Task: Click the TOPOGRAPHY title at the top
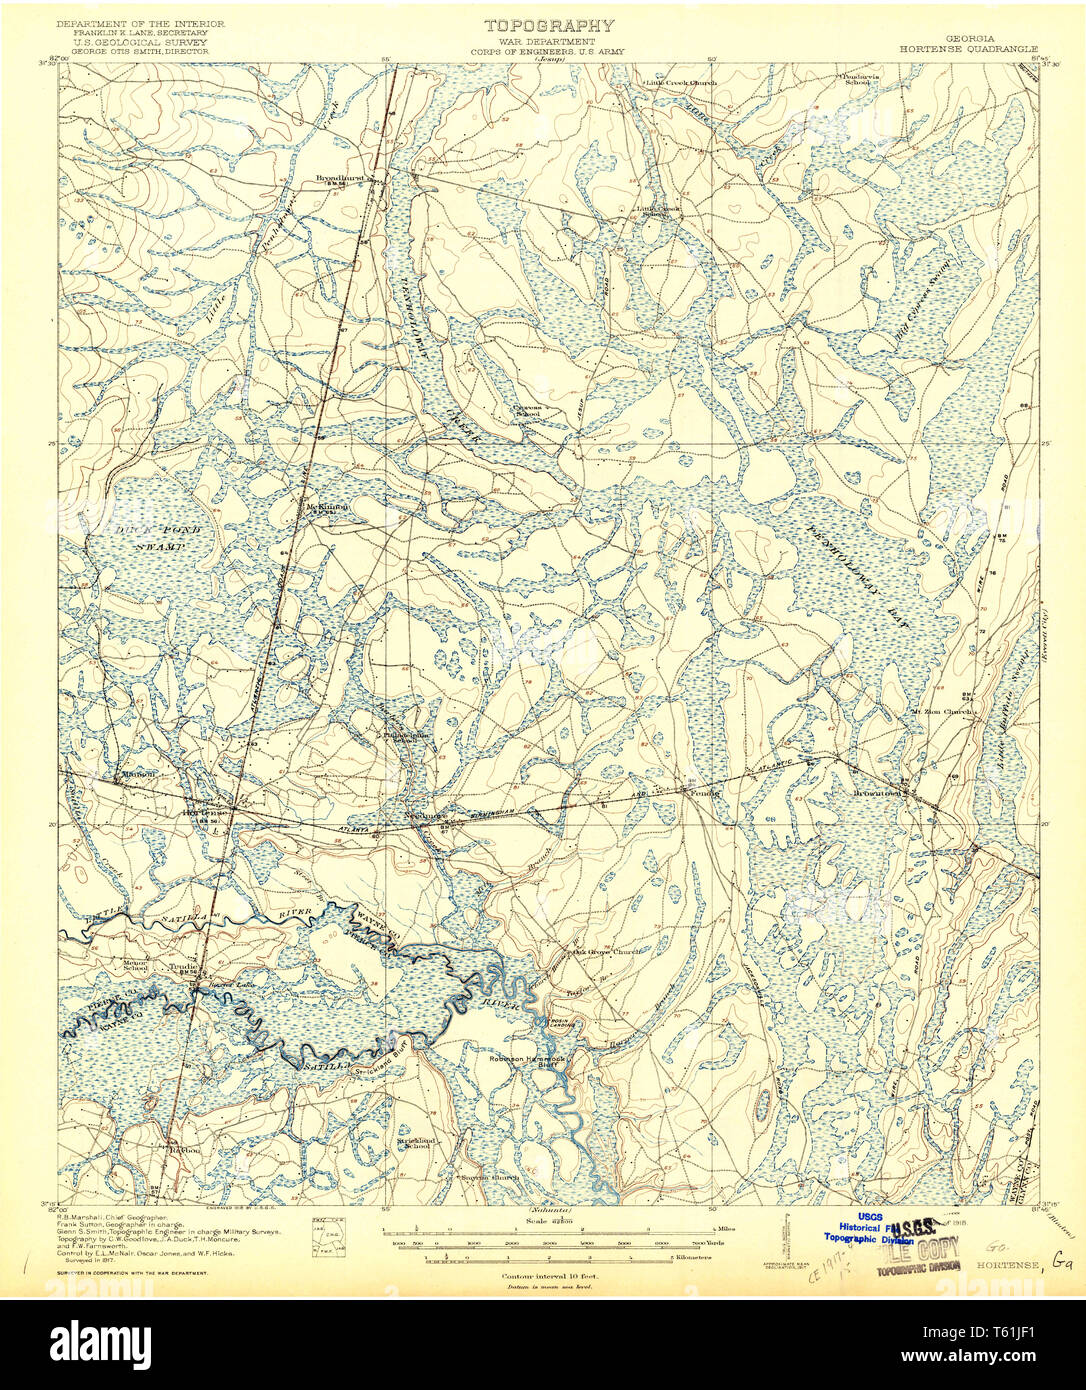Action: click(549, 26)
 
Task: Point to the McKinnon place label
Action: click(326, 506)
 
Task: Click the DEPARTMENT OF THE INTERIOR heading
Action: click(140, 23)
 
